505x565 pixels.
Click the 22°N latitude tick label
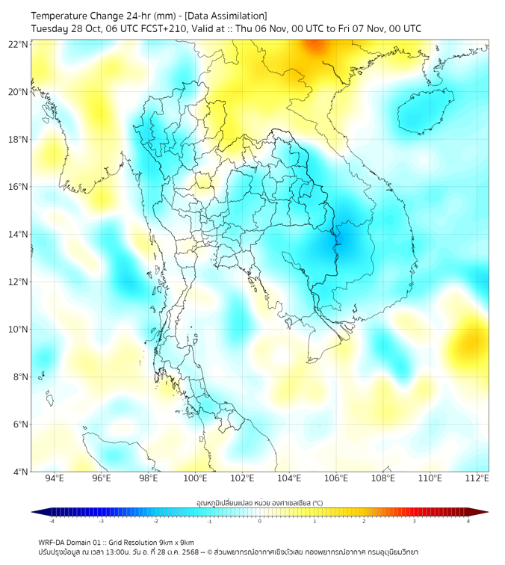click(19, 44)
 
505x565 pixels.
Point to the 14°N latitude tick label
click(19, 235)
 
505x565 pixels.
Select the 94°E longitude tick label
click(55, 478)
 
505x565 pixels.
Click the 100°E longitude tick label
click(196, 478)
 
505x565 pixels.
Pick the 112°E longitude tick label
click(477, 478)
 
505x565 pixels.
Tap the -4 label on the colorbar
click(52, 521)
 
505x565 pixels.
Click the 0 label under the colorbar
click(260, 521)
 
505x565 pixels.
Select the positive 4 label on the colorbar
click(468, 521)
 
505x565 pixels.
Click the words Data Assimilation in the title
click(228, 16)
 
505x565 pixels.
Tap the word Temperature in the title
click(61, 16)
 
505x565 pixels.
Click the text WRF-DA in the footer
click(52, 542)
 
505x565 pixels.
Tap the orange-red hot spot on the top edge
click(316, 47)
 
